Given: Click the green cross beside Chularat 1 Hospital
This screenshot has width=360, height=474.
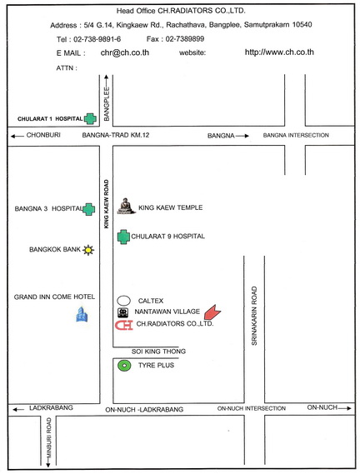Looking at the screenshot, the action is coord(90,119).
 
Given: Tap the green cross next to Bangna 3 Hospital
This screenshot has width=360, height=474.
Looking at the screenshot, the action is coord(89,209).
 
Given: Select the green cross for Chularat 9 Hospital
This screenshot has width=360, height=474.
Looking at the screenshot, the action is coord(123,237).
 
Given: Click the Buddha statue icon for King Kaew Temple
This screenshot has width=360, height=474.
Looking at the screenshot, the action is coord(126,206).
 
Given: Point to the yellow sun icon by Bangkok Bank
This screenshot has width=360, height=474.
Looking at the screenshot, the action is coord(88,250).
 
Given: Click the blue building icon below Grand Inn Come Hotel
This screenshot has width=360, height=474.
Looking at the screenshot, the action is coord(82,314).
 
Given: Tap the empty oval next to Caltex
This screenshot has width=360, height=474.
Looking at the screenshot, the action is coord(123,301).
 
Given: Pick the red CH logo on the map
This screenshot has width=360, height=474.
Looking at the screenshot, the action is coord(123,325).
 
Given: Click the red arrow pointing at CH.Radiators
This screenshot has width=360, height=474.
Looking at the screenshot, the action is coord(212,312).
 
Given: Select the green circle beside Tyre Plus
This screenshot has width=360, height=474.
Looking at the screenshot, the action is coord(124,366).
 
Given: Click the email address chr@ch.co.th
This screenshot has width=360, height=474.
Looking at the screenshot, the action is coord(125,52).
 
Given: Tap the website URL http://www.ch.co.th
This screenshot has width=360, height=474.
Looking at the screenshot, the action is coord(279,52).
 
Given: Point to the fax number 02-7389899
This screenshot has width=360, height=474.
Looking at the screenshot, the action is coord(184,38).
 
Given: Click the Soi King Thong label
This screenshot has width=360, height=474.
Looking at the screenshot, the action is coord(158,352).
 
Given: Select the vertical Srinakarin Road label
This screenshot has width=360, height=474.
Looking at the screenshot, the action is coord(254,316).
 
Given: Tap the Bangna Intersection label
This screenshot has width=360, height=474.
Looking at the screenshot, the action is coord(296,135).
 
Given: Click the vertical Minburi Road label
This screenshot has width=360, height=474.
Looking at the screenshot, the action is coord(49,437).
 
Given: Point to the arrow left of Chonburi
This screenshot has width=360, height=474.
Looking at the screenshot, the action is coord(17,136).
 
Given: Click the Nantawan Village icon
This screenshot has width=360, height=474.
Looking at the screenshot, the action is coord(122,312).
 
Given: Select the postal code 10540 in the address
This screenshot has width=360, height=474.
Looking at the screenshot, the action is coord(302,24).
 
